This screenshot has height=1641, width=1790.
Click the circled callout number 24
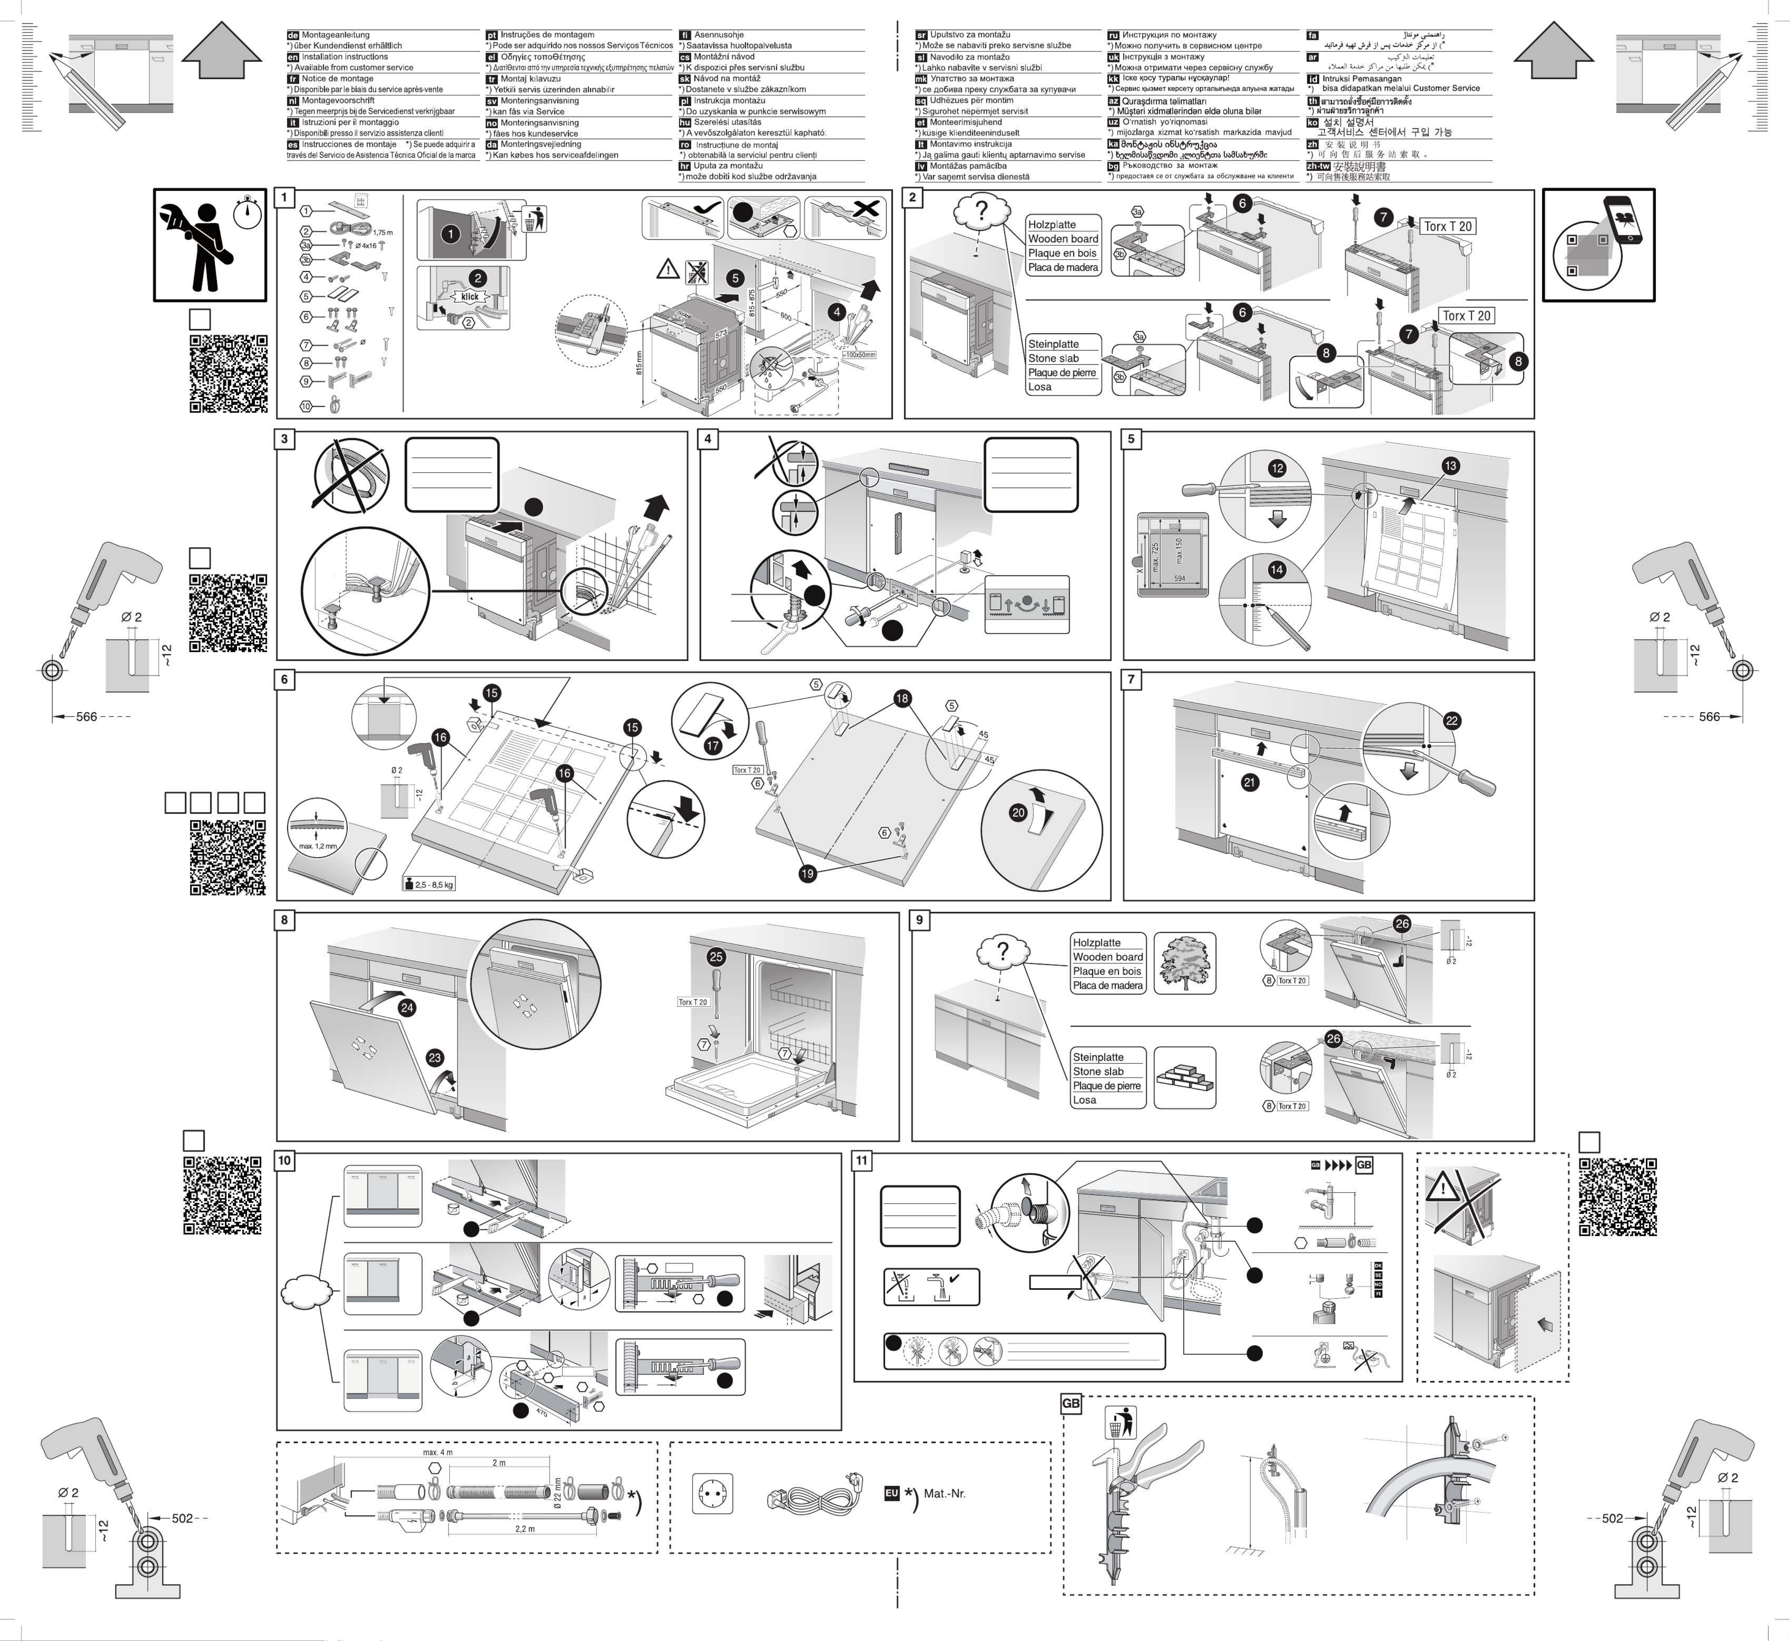click(407, 1008)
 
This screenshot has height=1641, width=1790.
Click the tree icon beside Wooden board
click(1184, 963)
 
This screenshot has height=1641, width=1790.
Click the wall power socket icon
click(712, 1494)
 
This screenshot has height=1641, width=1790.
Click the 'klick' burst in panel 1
click(470, 297)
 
